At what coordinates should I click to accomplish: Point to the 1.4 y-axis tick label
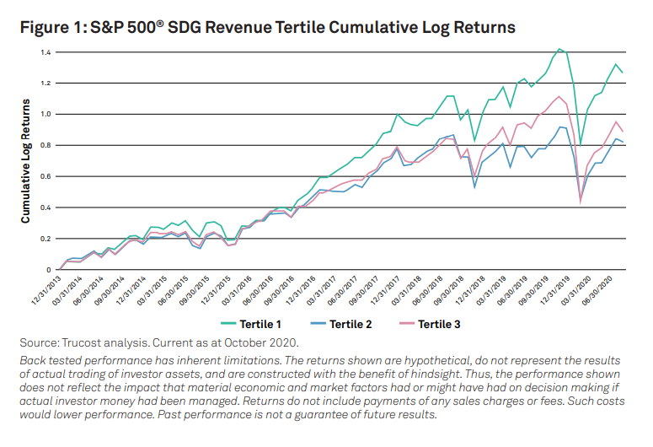coord(44,52)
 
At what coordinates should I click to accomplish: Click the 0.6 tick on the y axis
coord(44,176)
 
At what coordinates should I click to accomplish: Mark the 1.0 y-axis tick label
coord(44,114)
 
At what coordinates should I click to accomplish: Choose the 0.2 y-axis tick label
coord(44,239)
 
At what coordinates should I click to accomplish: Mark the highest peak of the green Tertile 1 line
coord(559,49)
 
